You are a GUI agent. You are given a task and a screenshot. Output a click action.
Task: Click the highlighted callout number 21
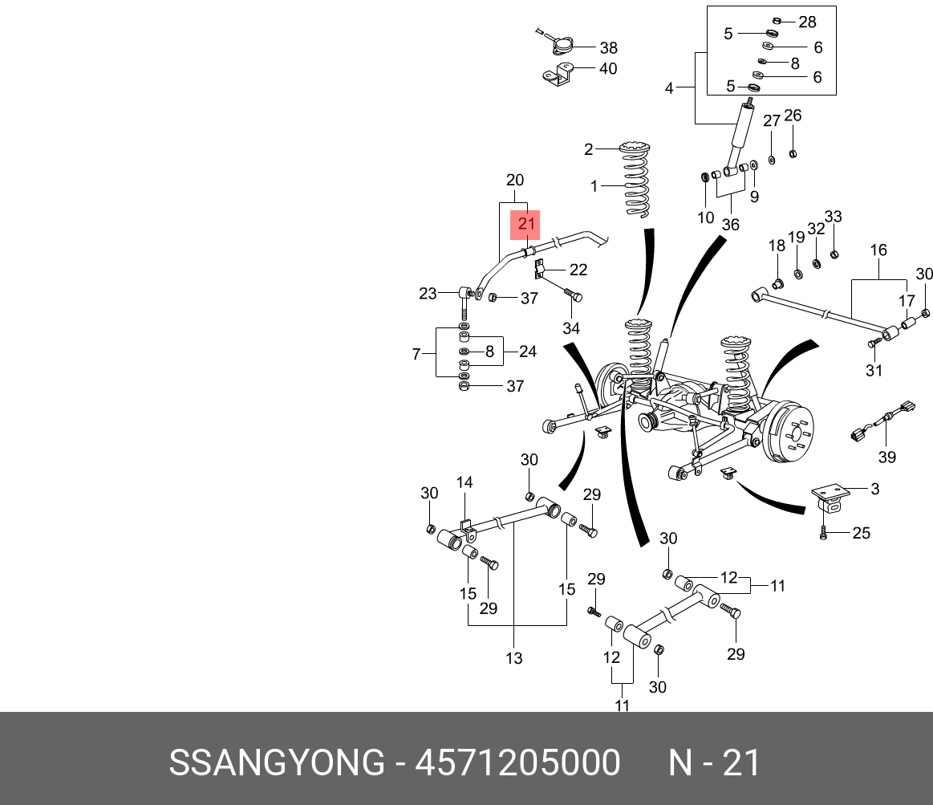tap(526, 224)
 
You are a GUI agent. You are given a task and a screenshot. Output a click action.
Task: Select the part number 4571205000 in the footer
tap(517, 762)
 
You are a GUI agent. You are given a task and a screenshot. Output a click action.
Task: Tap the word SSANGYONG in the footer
tap(277, 762)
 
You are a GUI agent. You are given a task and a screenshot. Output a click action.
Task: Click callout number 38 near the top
tap(608, 47)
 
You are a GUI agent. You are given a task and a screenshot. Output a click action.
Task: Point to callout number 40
tap(607, 68)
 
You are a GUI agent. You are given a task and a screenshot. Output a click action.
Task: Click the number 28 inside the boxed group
tap(807, 22)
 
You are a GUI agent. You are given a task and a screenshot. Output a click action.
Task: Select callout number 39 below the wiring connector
tap(886, 457)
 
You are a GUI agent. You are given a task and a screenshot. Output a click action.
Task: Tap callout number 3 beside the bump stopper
tap(874, 489)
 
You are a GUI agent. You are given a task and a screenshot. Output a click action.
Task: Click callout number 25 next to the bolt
tap(861, 533)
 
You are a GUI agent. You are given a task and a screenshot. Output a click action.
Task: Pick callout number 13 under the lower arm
tap(514, 658)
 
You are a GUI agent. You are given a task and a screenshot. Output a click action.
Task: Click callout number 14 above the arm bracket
tap(464, 482)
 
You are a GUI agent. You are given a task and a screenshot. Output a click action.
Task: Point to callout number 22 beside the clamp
tap(578, 270)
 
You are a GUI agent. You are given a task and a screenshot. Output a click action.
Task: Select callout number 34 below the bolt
tap(571, 328)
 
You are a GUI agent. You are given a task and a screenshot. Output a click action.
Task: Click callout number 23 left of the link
tap(428, 294)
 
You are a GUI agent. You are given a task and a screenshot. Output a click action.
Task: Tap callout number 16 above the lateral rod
tap(878, 250)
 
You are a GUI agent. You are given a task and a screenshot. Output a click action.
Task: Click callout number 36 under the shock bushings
tap(730, 225)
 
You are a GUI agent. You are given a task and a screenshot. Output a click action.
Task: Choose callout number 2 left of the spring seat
tap(589, 149)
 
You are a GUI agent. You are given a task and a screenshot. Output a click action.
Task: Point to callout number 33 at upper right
tap(833, 217)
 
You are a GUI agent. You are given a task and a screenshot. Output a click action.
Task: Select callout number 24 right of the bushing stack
tap(527, 352)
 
